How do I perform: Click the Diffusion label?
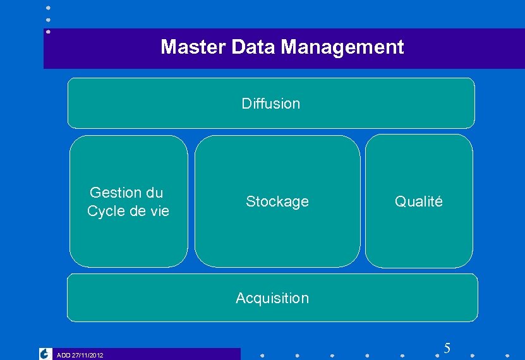(x=271, y=103)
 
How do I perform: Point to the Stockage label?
(x=277, y=201)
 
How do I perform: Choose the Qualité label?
(x=419, y=201)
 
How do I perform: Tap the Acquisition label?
(x=272, y=298)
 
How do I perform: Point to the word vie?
(x=159, y=211)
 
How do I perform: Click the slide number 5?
(x=447, y=348)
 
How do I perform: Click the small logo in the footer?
(x=45, y=354)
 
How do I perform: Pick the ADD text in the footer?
(x=63, y=356)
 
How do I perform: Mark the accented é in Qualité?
(x=438, y=201)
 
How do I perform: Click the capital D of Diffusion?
(x=246, y=103)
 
